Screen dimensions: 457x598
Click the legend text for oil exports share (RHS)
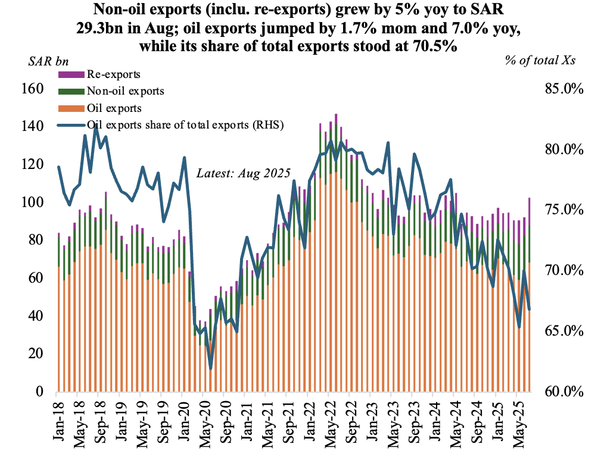click(x=185, y=125)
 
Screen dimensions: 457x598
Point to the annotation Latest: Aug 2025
click(x=243, y=174)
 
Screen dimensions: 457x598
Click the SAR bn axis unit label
click(x=49, y=62)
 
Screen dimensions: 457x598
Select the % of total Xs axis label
click(x=540, y=62)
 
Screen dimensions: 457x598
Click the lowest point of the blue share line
click(x=210, y=369)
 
